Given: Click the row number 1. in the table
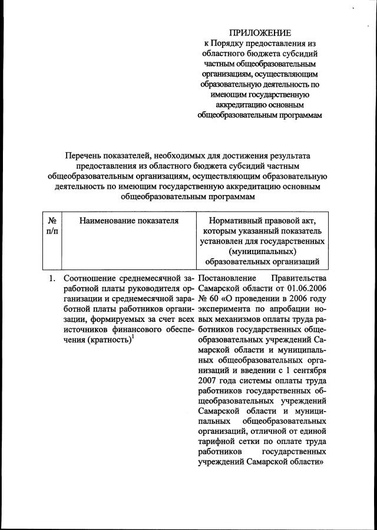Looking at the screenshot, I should pyautogui.click(x=52, y=278).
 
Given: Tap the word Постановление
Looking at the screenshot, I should pyautogui.click(x=227, y=278).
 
